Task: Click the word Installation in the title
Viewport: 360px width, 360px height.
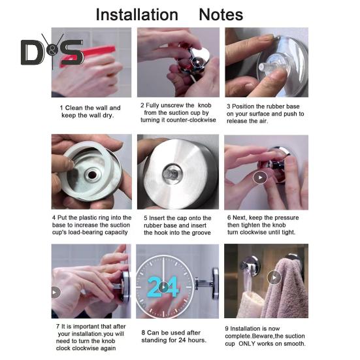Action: click(x=137, y=14)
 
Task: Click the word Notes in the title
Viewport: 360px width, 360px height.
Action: click(x=221, y=14)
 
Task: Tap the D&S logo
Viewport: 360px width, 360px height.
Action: click(x=52, y=52)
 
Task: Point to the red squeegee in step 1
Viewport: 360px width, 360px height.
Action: click(x=89, y=55)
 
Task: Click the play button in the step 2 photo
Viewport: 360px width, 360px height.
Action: click(x=198, y=62)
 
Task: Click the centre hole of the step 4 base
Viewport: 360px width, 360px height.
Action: click(x=92, y=174)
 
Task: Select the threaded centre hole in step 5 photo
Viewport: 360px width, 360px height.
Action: click(x=172, y=174)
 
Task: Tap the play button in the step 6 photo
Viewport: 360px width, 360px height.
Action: click(x=260, y=178)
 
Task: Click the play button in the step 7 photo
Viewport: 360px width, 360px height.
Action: click(x=55, y=292)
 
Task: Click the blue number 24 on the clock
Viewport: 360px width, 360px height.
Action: click(x=163, y=287)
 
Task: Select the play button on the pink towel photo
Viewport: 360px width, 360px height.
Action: click(x=274, y=278)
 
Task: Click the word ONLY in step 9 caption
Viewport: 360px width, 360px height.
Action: click(x=247, y=344)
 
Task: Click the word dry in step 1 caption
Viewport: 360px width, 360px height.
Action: click(x=108, y=115)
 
